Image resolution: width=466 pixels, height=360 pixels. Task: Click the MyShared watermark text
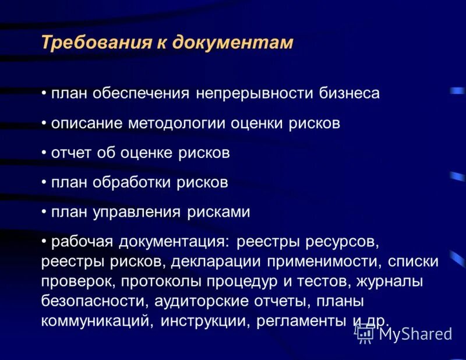(415, 334)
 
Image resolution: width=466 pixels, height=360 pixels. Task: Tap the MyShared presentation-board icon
(365, 334)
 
